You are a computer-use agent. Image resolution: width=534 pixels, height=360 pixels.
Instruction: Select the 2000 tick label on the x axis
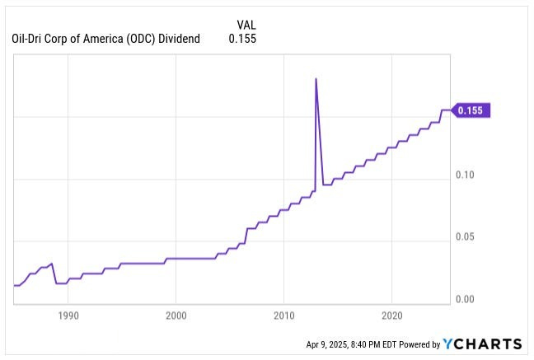click(176, 315)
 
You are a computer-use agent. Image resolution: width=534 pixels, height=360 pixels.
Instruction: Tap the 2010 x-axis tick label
click(284, 315)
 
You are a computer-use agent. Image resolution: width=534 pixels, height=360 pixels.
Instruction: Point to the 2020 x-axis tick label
click(392, 315)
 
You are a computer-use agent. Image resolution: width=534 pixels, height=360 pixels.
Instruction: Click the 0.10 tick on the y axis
click(466, 175)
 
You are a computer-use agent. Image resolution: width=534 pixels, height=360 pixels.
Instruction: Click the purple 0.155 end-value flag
click(473, 110)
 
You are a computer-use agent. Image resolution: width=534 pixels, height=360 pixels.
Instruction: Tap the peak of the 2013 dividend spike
click(316, 78)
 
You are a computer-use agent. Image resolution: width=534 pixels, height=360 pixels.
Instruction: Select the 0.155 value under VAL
click(241, 38)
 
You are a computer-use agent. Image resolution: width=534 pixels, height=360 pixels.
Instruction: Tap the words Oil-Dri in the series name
click(30, 38)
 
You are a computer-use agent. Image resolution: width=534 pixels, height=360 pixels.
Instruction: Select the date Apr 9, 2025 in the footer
click(330, 344)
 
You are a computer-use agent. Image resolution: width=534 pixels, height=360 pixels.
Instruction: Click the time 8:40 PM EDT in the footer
click(382, 344)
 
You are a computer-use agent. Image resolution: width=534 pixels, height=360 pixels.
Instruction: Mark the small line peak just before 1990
click(52, 264)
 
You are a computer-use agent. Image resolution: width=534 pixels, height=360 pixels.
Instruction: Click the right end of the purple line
click(450, 110)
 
